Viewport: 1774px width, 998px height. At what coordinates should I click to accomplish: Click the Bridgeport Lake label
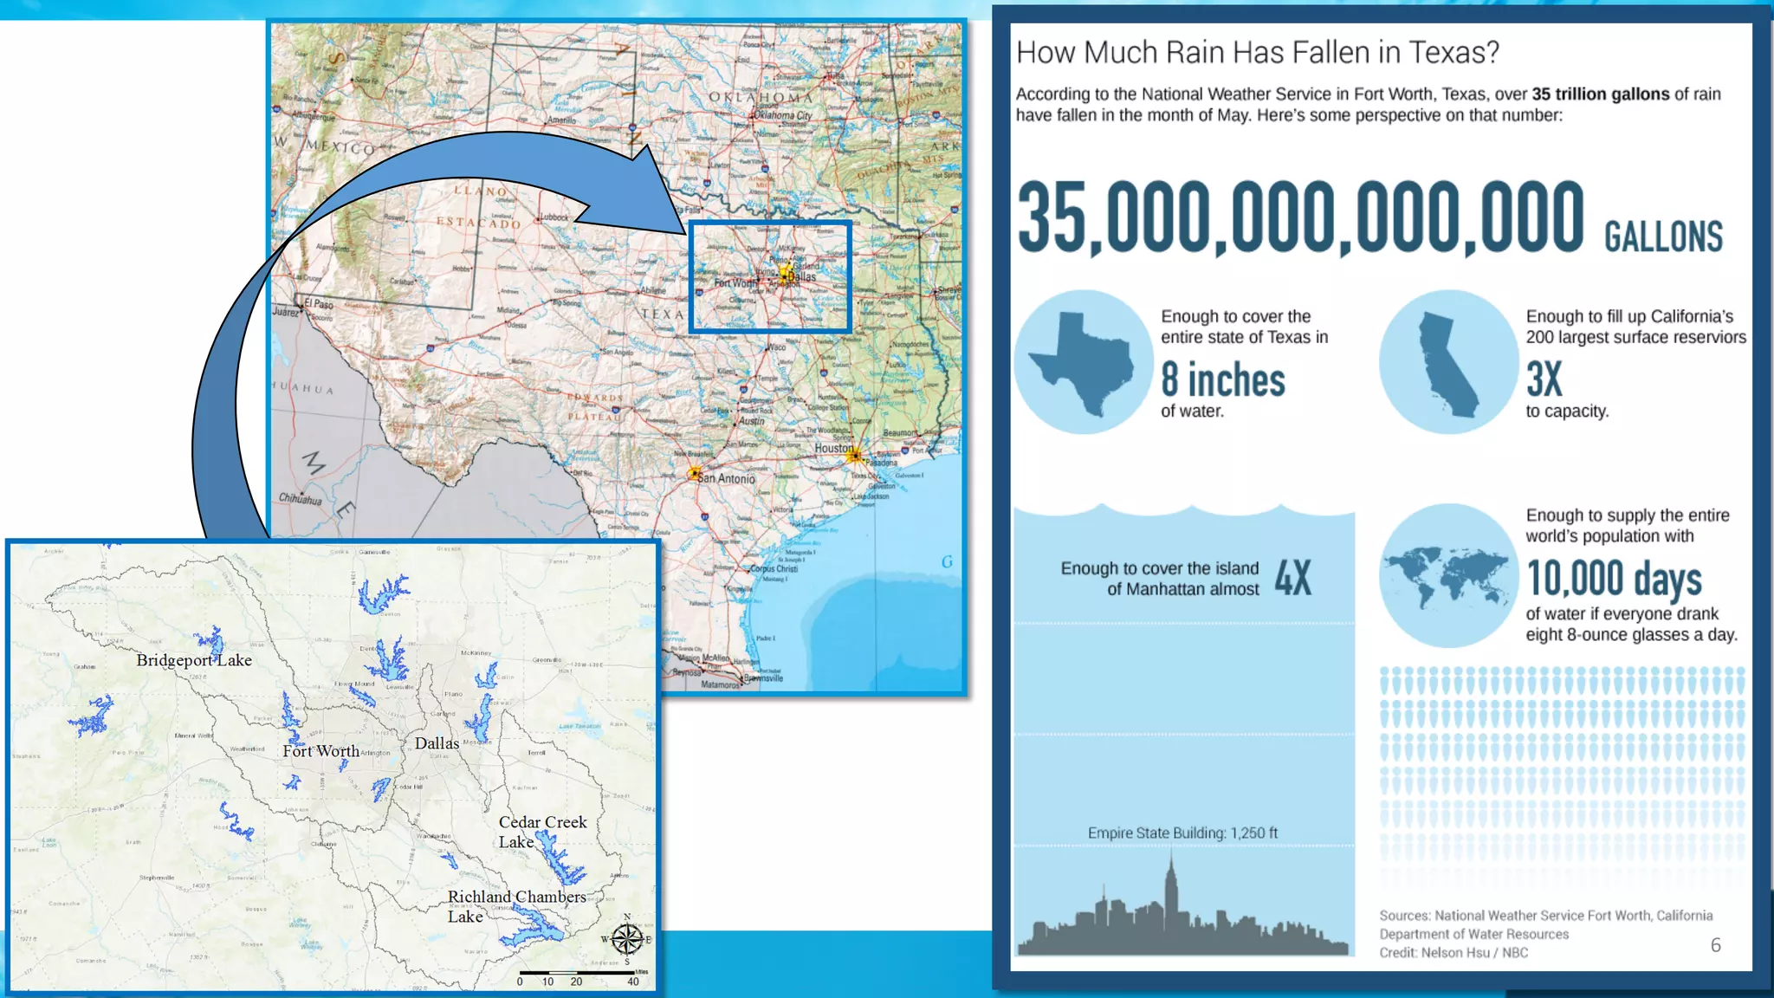194,660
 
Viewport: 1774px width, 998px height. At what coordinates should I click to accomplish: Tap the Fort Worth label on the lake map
320,751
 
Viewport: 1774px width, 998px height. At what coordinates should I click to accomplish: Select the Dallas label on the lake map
437,743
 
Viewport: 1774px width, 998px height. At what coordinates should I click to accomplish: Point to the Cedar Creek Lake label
542,832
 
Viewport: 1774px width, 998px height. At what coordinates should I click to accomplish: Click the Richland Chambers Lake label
516,906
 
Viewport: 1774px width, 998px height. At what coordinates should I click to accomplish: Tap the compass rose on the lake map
626,939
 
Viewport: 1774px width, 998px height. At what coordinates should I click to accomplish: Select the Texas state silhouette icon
1083,362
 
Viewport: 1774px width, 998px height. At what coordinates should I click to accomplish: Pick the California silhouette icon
1448,362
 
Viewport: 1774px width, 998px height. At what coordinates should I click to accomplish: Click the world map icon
1447,576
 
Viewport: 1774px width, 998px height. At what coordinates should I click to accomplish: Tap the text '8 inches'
1223,380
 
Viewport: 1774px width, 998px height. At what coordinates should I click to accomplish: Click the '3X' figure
1544,379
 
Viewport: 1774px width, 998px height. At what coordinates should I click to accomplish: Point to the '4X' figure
1292,578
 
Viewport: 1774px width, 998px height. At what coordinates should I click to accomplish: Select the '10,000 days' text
1614,579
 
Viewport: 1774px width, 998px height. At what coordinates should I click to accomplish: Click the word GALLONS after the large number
1663,237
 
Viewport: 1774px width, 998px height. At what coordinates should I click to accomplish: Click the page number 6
1715,945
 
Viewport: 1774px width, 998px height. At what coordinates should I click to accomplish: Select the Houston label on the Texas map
833,448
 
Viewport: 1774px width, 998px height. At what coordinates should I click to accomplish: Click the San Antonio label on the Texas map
726,478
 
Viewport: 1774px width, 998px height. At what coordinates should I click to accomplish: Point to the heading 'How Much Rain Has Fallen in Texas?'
1257,53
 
